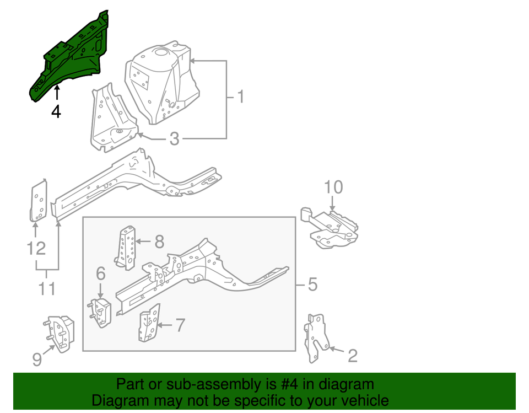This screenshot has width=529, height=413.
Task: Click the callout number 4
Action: click(56, 111)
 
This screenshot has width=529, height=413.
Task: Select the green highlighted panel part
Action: click(72, 58)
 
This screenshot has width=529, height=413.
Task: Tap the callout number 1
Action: click(240, 97)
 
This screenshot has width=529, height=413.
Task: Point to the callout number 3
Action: click(174, 139)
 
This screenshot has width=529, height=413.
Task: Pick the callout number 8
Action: click(159, 241)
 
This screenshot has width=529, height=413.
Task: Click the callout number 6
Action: click(100, 273)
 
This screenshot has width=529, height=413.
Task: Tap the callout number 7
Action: click(180, 325)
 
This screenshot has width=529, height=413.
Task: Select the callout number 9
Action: click(36, 360)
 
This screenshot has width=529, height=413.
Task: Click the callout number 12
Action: click(36, 249)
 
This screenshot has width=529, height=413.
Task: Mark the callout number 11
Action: click(47, 288)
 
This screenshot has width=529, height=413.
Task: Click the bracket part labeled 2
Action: click(316, 337)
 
